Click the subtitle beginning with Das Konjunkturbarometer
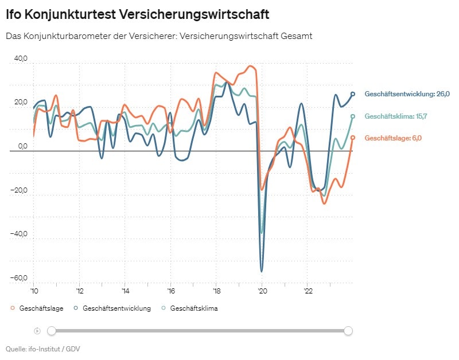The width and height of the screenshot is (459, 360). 158,36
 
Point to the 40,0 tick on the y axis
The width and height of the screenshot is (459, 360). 21,58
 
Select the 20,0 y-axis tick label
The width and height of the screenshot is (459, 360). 21,103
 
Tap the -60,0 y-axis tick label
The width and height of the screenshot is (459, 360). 20,278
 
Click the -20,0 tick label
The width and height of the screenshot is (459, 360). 20,190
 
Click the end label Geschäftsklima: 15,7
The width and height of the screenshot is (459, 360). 395,116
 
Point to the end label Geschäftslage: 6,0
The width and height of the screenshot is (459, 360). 393,138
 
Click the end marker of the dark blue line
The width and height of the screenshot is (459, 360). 353,94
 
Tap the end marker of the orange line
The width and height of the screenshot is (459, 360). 353,138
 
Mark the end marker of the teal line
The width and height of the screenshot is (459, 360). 353,116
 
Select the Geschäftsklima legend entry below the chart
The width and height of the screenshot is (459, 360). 190,308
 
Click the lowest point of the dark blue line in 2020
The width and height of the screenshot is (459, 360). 262,271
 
